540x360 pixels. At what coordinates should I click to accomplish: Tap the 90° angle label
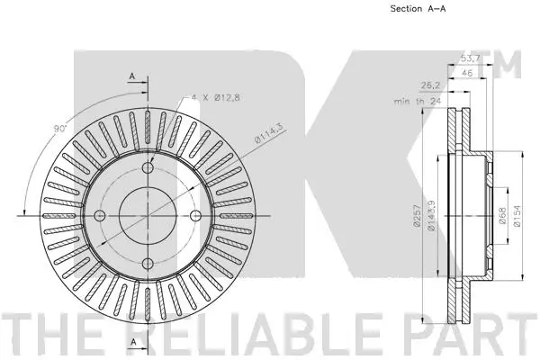pyautogui.click(x=59, y=131)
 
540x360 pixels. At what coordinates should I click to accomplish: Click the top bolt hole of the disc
pyautogui.click(x=148, y=168)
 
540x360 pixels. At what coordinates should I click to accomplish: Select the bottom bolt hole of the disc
pyautogui.click(x=148, y=262)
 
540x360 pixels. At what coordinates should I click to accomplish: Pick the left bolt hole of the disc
pyautogui.click(x=101, y=215)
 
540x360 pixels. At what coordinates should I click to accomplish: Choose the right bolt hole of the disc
pyautogui.click(x=194, y=215)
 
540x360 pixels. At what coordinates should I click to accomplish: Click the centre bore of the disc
pyautogui.click(x=148, y=215)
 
